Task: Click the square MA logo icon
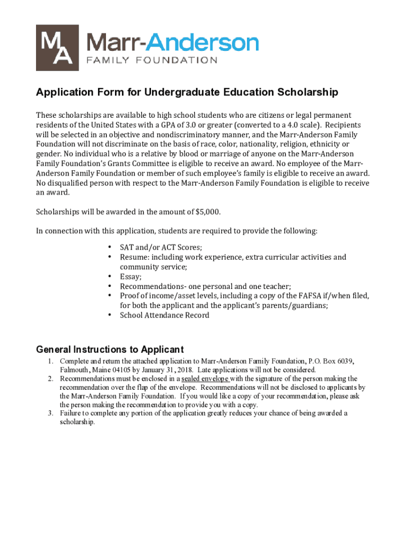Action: click(x=57, y=48)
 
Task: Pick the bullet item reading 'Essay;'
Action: click(x=130, y=276)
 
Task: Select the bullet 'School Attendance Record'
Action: click(x=164, y=315)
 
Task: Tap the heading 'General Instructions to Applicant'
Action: click(x=110, y=349)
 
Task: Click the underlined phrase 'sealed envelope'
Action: click(x=206, y=379)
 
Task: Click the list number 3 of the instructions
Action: click(x=50, y=413)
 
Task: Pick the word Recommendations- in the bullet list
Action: click(x=152, y=286)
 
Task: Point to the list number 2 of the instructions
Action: click(x=50, y=379)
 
